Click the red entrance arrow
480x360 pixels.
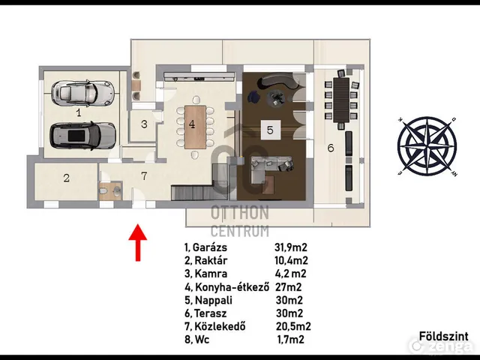click(138, 242)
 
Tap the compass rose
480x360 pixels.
click(427, 146)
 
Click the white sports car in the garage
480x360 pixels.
click(82, 94)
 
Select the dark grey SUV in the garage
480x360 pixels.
click(82, 136)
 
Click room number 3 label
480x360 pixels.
click(144, 124)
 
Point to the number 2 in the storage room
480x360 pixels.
click(67, 178)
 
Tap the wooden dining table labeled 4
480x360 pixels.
click(195, 127)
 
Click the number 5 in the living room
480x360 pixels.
click(270, 130)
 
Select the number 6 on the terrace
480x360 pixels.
click(331, 148)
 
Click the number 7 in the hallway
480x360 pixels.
click(144, 176)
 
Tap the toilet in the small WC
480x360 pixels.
click(103, 191)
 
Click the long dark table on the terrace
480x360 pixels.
click(341, 100)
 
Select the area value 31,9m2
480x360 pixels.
click(290, 247)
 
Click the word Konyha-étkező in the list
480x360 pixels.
click(232, 287)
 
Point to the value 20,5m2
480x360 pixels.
click(293, 327)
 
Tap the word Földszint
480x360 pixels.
click(443, 336)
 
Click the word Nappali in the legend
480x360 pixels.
click(213, 300)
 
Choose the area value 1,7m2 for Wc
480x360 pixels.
click(291, 340)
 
